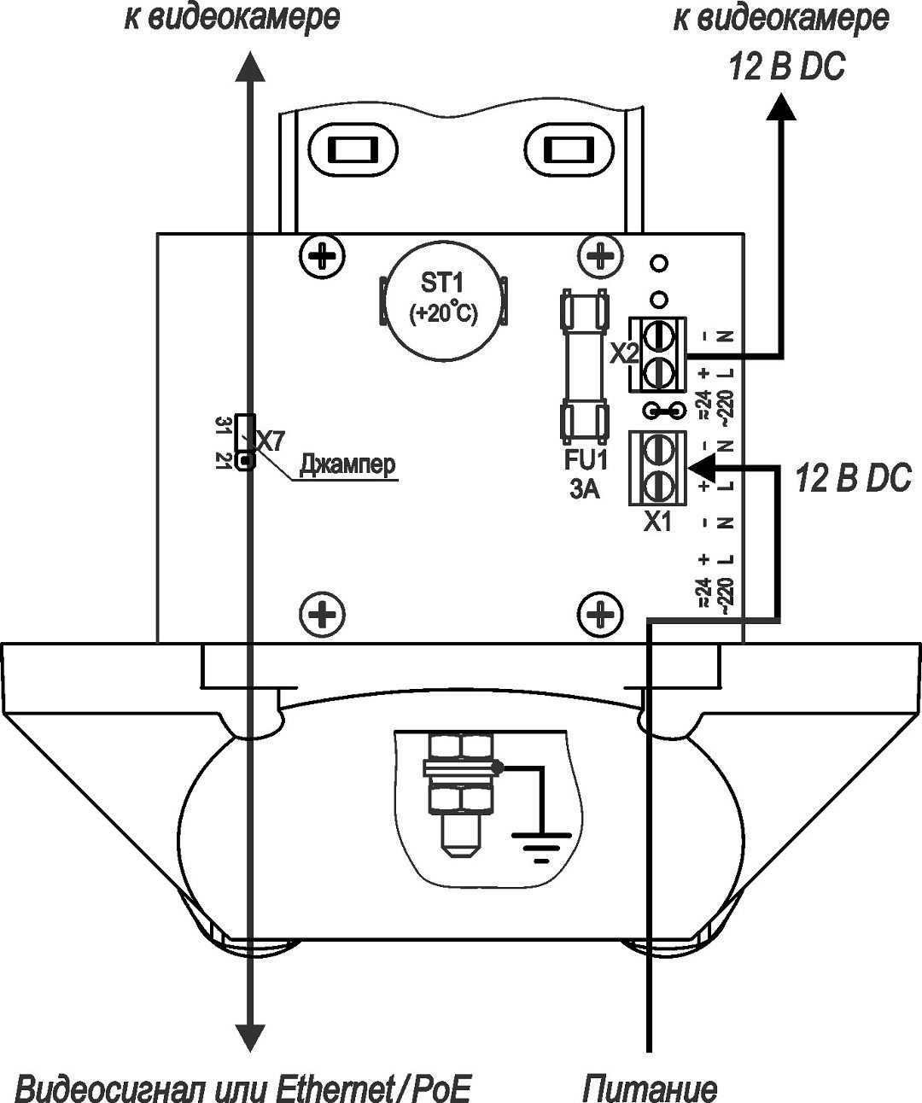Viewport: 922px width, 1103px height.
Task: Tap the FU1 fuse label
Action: [x=585, y=461]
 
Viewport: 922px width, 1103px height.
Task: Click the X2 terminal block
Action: [x=658, y=353]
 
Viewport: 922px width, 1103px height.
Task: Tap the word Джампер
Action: [x=347, y=466]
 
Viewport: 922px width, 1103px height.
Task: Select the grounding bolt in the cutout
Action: [x=461, y=794]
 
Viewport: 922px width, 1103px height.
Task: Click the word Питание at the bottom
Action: [x=650, y=1088]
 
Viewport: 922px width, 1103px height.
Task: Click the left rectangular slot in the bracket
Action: [x=351, y=151]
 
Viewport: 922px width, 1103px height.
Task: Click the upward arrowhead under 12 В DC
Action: [x=779, y=108]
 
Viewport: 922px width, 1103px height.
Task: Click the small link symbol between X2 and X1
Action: [x=664, y=412]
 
